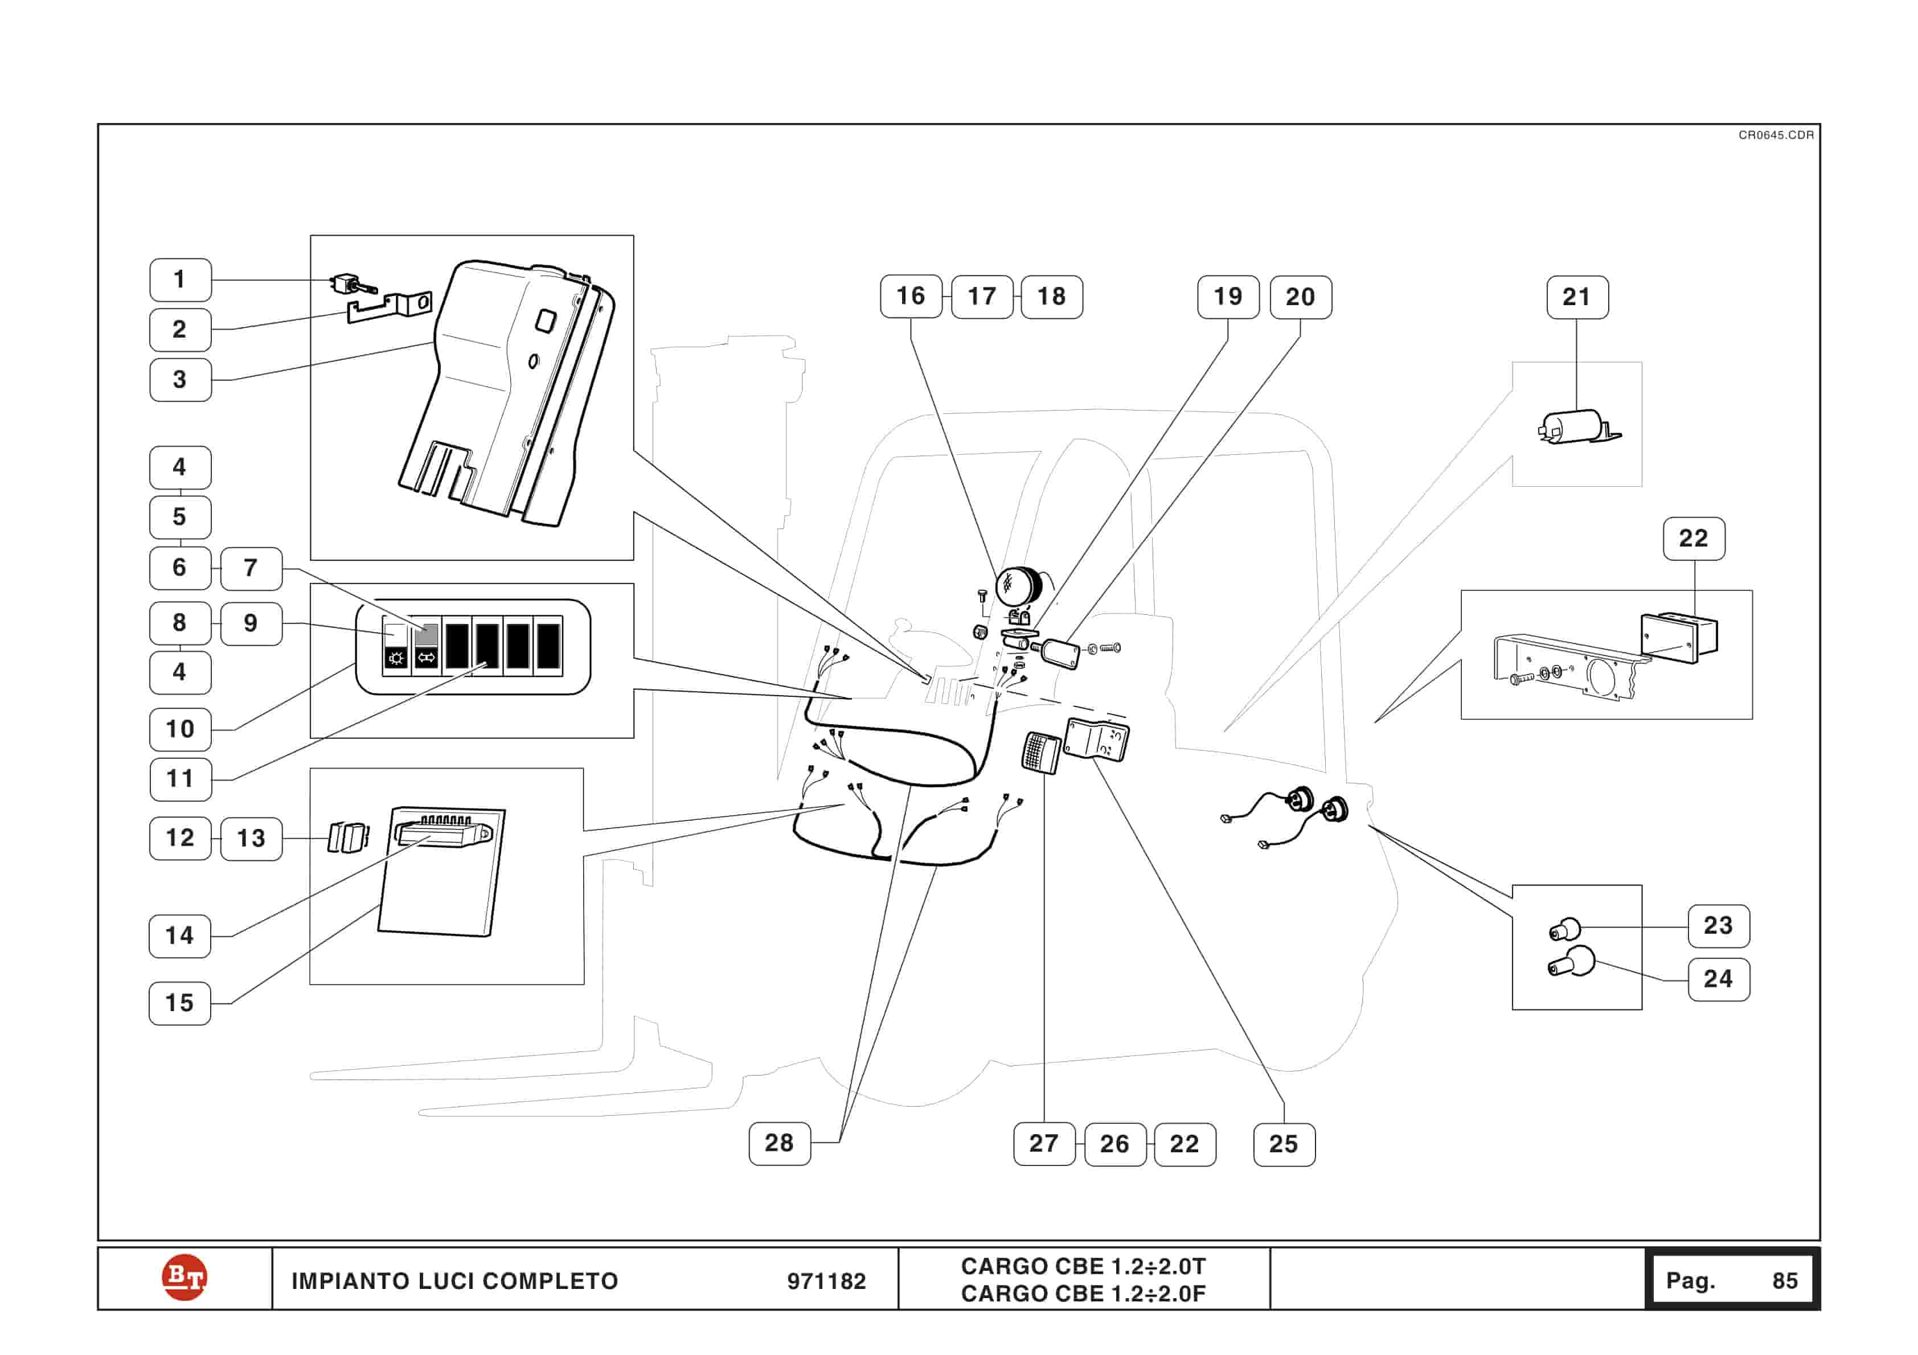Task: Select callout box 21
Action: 1577,297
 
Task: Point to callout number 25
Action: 1284,1144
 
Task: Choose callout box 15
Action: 179,1003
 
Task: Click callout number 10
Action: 179,729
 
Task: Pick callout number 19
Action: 1228,297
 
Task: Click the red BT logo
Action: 184,1278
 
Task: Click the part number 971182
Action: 826,1282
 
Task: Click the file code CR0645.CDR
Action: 1776,135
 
